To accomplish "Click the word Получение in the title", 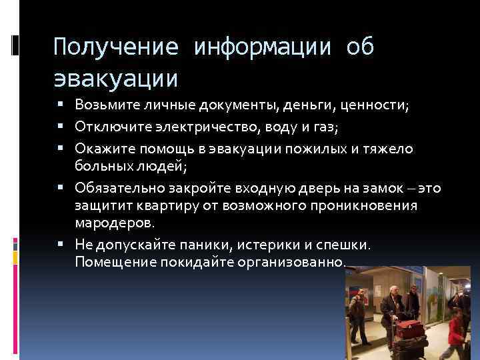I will point(116,47).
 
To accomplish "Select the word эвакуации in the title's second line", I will point(116,78).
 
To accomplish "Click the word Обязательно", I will point(114,189).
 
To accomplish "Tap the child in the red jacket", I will point(456,333).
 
